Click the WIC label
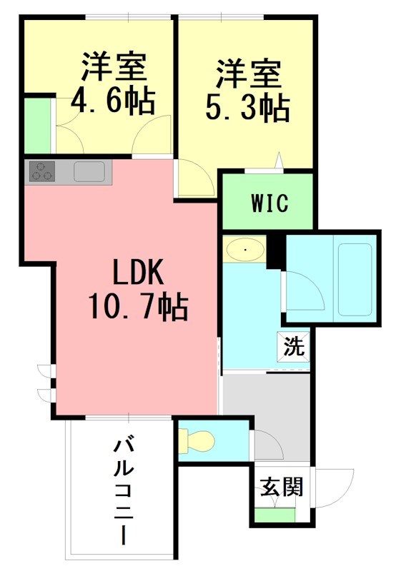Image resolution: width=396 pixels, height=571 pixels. [269, 203]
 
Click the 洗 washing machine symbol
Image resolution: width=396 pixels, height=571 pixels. [294, 349]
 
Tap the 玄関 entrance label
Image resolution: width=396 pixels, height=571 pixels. [281, 487]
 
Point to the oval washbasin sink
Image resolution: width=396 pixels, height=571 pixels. [245, 250]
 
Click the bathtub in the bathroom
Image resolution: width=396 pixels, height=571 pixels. [355, 279]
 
